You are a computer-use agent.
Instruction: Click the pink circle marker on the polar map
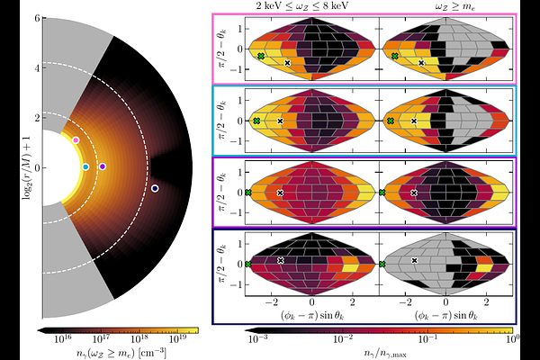[x=76, y=140]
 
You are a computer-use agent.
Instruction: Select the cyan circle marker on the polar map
[x=85, y=166]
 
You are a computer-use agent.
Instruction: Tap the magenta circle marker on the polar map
[x=103, y=166]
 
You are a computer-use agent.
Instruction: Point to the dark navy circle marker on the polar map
[x=155, y=188]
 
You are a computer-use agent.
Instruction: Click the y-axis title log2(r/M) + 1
[x=25, y=167]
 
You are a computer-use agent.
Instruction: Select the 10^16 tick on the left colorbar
[x=63, y=340]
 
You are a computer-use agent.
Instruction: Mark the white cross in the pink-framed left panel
[x=288, y=63]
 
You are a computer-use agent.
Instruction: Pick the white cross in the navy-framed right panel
[x=415, y=260]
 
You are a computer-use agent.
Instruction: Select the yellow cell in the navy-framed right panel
[x=484, y=267]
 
